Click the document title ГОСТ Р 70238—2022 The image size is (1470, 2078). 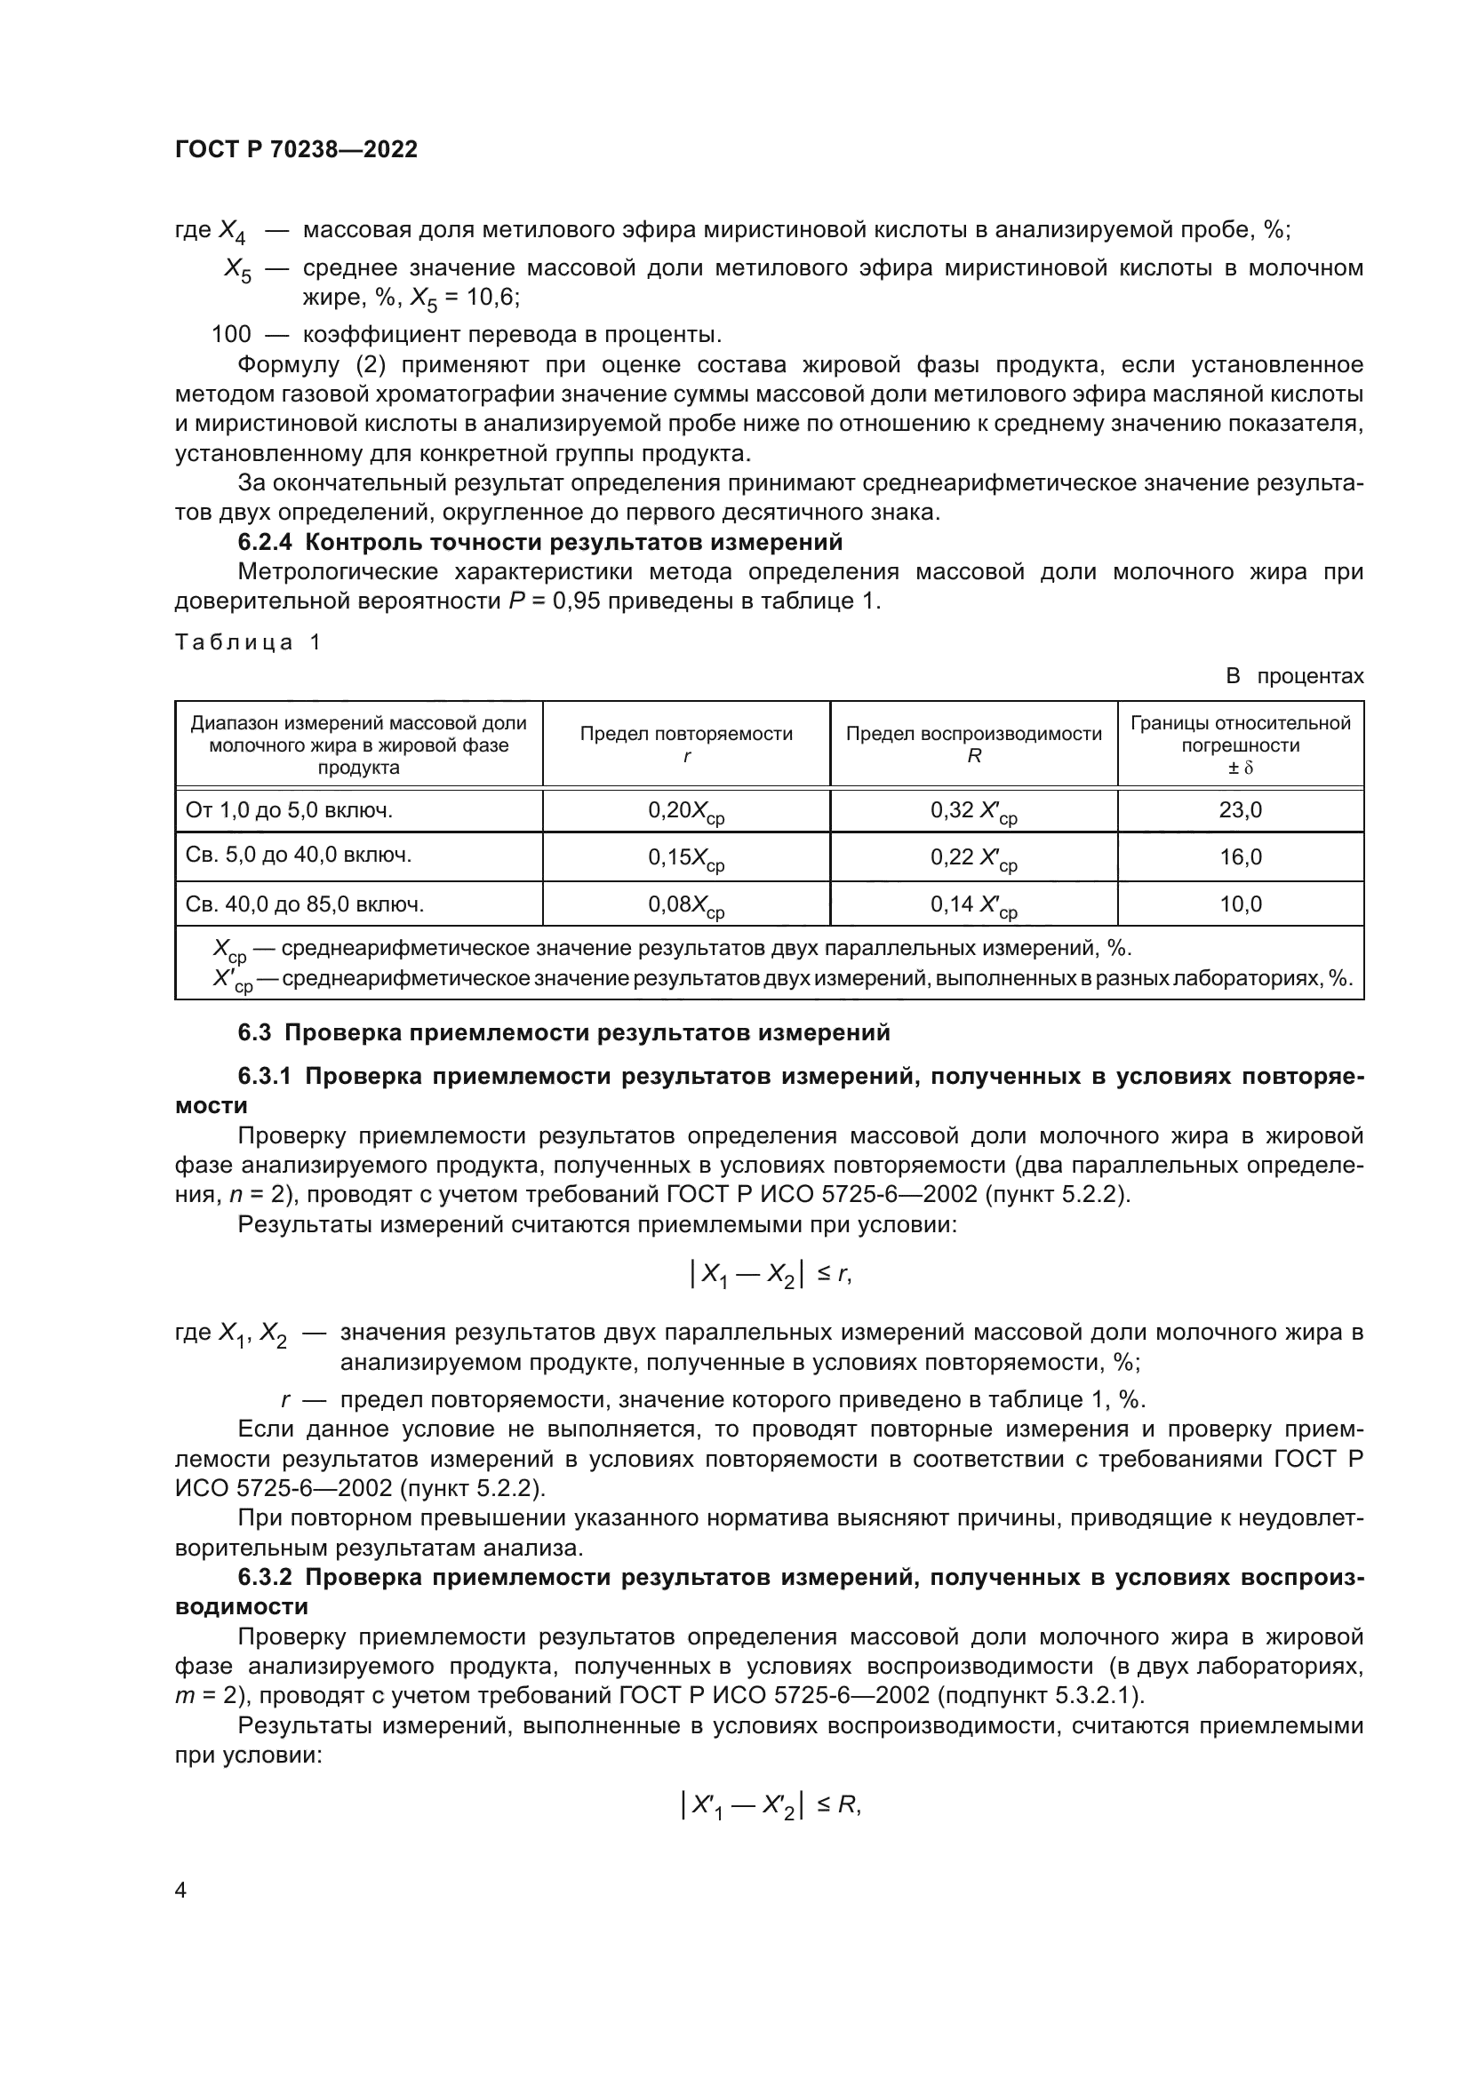pos(296,150)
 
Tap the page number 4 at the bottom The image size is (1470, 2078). pos(181,1891)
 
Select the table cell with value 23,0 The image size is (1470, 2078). pos(1239,810)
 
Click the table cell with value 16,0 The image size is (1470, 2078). pos(1239,856)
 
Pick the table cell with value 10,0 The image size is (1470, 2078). pos(1239,904)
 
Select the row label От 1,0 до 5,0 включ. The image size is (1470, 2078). pos(289,810)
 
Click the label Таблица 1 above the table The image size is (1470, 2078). pos(247,642)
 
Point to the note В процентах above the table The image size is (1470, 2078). pos(1293,676)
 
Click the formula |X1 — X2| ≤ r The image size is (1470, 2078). pos(770,1274)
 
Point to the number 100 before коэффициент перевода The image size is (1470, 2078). pos(231,334)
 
